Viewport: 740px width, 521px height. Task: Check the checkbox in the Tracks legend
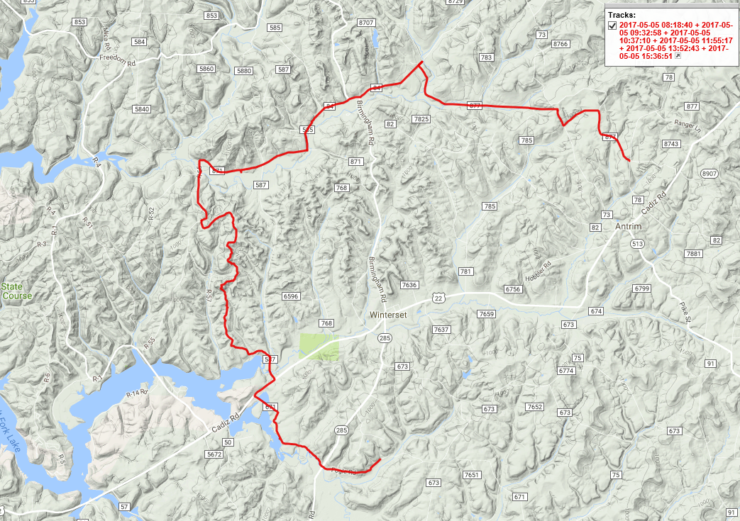pos(612,26)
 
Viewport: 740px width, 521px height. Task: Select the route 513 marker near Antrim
pos(636,244)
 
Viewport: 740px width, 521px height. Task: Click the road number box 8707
pos(366,23)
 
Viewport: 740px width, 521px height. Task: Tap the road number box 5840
pos(142,109)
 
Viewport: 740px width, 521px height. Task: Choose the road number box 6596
pos(292,296)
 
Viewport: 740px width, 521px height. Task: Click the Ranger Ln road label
pos(687,128)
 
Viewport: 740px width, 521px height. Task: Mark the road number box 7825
pos(421,119)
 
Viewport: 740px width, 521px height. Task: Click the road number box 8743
pos(671,144)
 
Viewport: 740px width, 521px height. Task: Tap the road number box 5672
pos(213,454)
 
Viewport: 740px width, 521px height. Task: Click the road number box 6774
pos(566,371)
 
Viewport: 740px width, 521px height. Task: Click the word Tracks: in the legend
pos(622,14)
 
